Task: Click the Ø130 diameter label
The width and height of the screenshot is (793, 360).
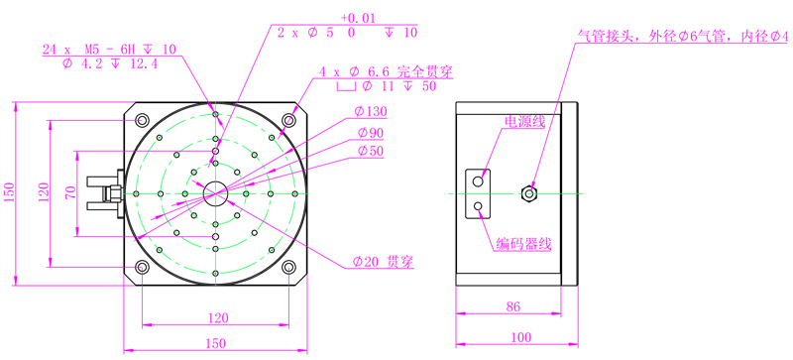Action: tap(371, 111)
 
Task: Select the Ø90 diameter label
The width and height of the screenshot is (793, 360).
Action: tap(370, 133)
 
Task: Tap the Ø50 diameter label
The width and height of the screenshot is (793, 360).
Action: tap(370, 151)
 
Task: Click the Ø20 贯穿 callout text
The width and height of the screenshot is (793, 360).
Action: tap(384, 262)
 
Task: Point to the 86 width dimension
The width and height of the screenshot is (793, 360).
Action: tap(512, 305)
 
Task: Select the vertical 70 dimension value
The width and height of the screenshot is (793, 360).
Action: tap(70, 193)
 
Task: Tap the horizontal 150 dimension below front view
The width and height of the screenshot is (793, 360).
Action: tap(215, 343)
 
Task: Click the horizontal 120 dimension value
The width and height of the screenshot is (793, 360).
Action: tap(218, 318)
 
